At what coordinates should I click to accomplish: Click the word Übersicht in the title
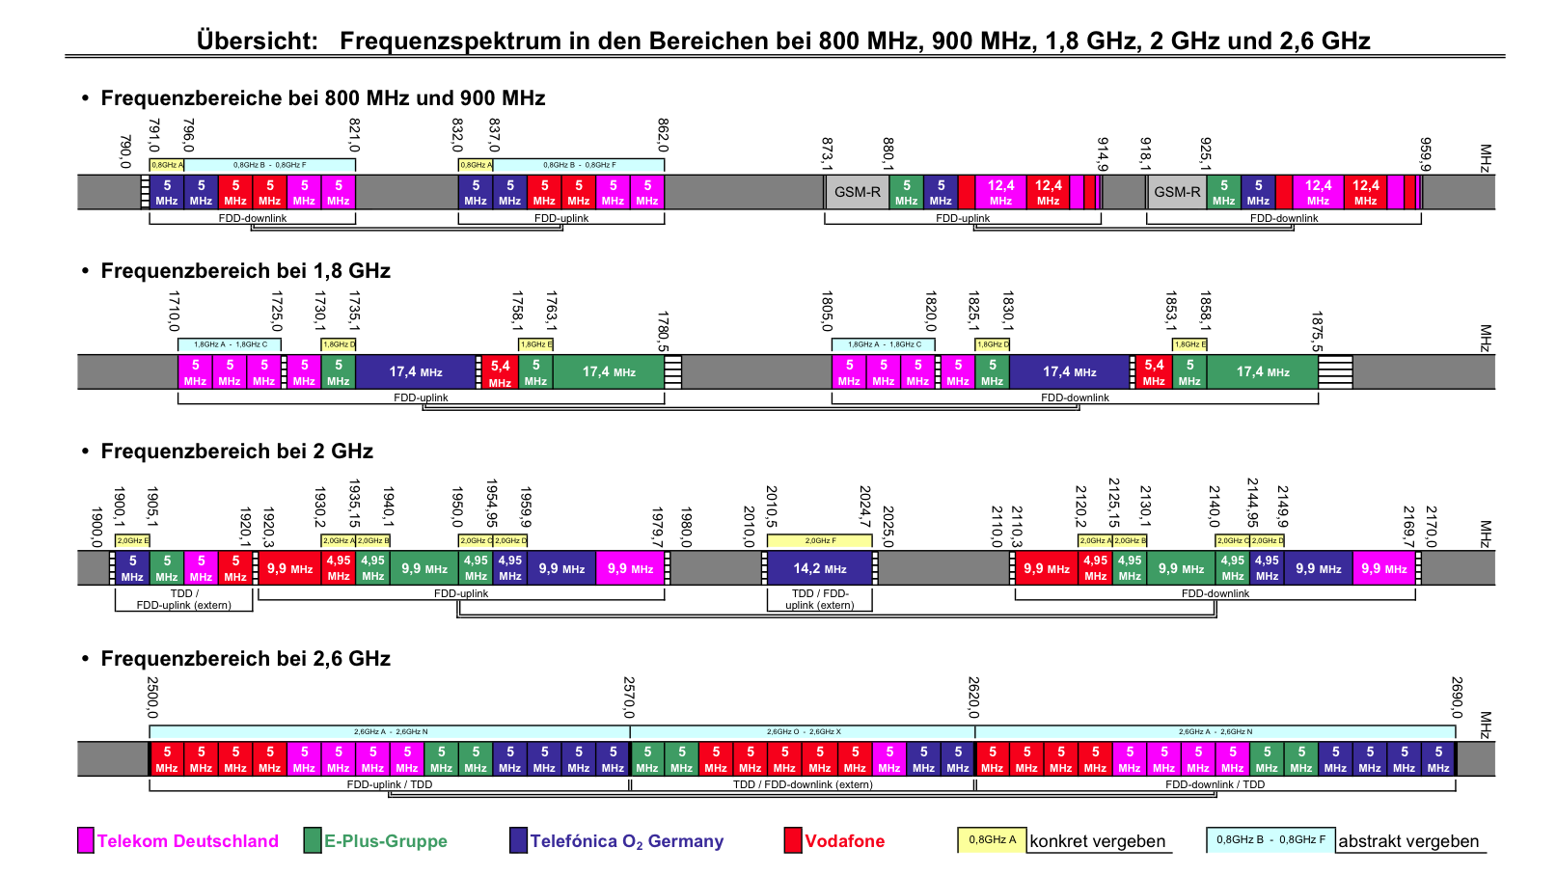coord(257,41)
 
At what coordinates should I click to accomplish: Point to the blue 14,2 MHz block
coord(819,568)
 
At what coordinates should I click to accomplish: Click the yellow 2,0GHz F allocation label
coord(820,541)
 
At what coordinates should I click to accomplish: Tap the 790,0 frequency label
coord(124,151)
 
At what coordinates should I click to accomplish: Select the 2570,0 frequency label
coord(629,698)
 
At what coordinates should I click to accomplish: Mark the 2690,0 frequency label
coord(1457,698)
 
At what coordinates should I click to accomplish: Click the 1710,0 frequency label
coord(174,311)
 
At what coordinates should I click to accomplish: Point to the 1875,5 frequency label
coord(1317,331)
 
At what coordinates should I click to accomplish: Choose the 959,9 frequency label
coord(1425,153)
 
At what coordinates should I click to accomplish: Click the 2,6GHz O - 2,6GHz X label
coord(803,732)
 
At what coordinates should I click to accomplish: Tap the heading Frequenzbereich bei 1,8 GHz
coord(245,271)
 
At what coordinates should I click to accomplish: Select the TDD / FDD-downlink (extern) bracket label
coord(802,784)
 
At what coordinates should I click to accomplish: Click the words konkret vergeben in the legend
coord(1097,841)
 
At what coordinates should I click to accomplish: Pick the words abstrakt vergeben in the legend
coord(1407,841)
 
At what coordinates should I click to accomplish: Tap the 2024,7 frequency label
coord(865,503)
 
